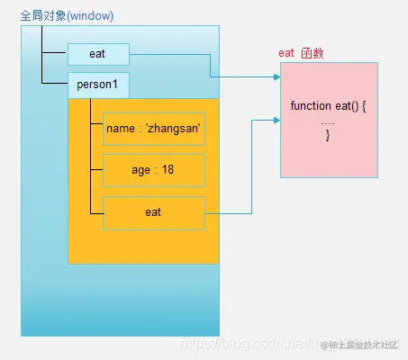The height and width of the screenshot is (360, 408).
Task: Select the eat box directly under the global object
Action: [x=98, y=54]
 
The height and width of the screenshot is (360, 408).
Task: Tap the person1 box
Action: [x=98, y=85]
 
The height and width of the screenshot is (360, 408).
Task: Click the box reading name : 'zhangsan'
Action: [x=152, y=130]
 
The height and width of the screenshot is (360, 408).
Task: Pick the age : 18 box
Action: [x=152, y=170]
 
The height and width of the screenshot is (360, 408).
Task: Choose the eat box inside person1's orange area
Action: [x=152, y=212]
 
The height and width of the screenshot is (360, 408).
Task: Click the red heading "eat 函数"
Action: [x=301, y=54]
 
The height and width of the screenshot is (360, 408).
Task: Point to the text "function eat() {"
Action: [x=328, y=106]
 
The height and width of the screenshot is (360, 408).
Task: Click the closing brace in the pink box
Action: [x=328, y=135]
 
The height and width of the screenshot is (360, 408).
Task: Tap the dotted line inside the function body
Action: [x=328, y=121]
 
